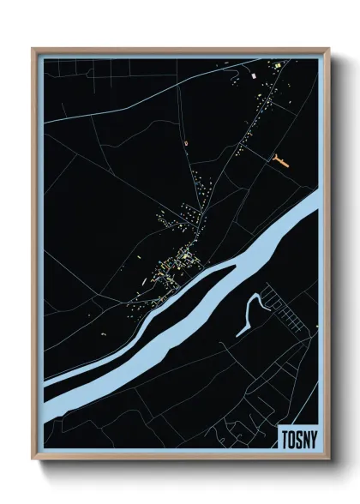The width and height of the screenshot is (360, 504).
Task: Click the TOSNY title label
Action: pyautogui.click(x=298, y=439)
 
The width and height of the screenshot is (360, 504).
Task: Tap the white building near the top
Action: pyautogui.click(x=254, y=78)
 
